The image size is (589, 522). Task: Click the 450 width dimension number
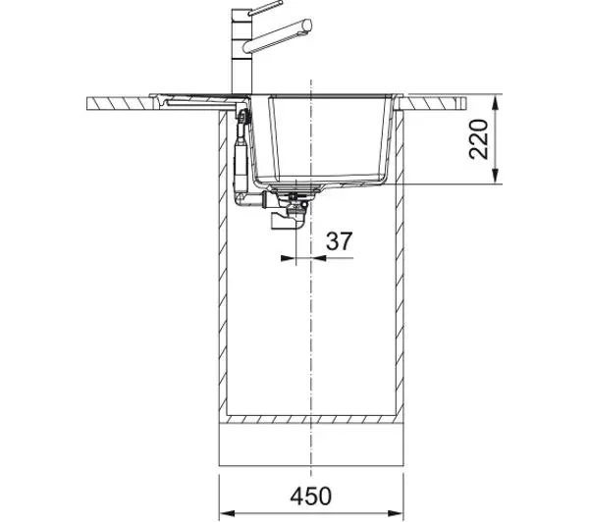(310, 496)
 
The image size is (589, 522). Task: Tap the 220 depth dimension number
(479, 139)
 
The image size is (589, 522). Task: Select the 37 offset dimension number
(340, 241)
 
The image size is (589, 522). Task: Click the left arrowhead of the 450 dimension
(227, 513)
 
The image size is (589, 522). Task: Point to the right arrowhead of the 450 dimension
(396, 513)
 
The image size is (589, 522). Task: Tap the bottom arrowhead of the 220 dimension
(496, 176)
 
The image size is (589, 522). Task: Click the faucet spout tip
(307, 25)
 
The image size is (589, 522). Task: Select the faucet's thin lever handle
(265, 8)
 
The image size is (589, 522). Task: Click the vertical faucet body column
(240, 53)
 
